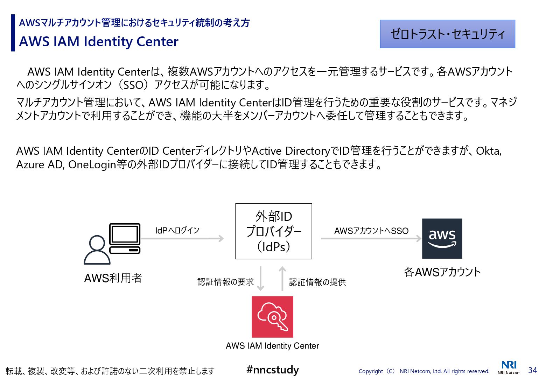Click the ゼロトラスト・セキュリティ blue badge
[447, 34]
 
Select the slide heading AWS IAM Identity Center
[99, 42]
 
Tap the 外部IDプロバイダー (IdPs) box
[273, 231]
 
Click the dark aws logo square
[442, 238]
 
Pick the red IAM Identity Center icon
[272, 317]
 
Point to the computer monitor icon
[125, 234]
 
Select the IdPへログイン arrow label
[177, 230]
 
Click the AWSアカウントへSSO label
[371, 231]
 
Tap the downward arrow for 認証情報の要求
[260, 279]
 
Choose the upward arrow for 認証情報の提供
[282, 279]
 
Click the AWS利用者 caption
[113, 278]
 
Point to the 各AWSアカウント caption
[442, 272]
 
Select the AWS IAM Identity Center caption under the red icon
[272, 346]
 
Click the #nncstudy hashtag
[273, 370]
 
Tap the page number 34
[532, 370]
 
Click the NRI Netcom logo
[509, 367]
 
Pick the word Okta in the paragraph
[488, 151]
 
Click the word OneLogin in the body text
[92, 164]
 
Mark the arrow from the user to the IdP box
[182, 239]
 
